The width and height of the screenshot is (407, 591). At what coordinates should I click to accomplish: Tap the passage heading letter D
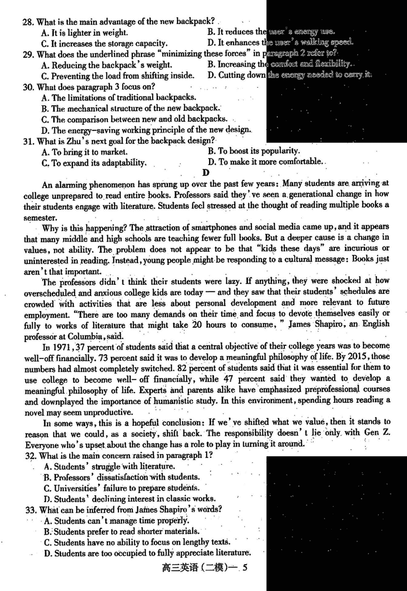pyautogui.click(x=205, y=173)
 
